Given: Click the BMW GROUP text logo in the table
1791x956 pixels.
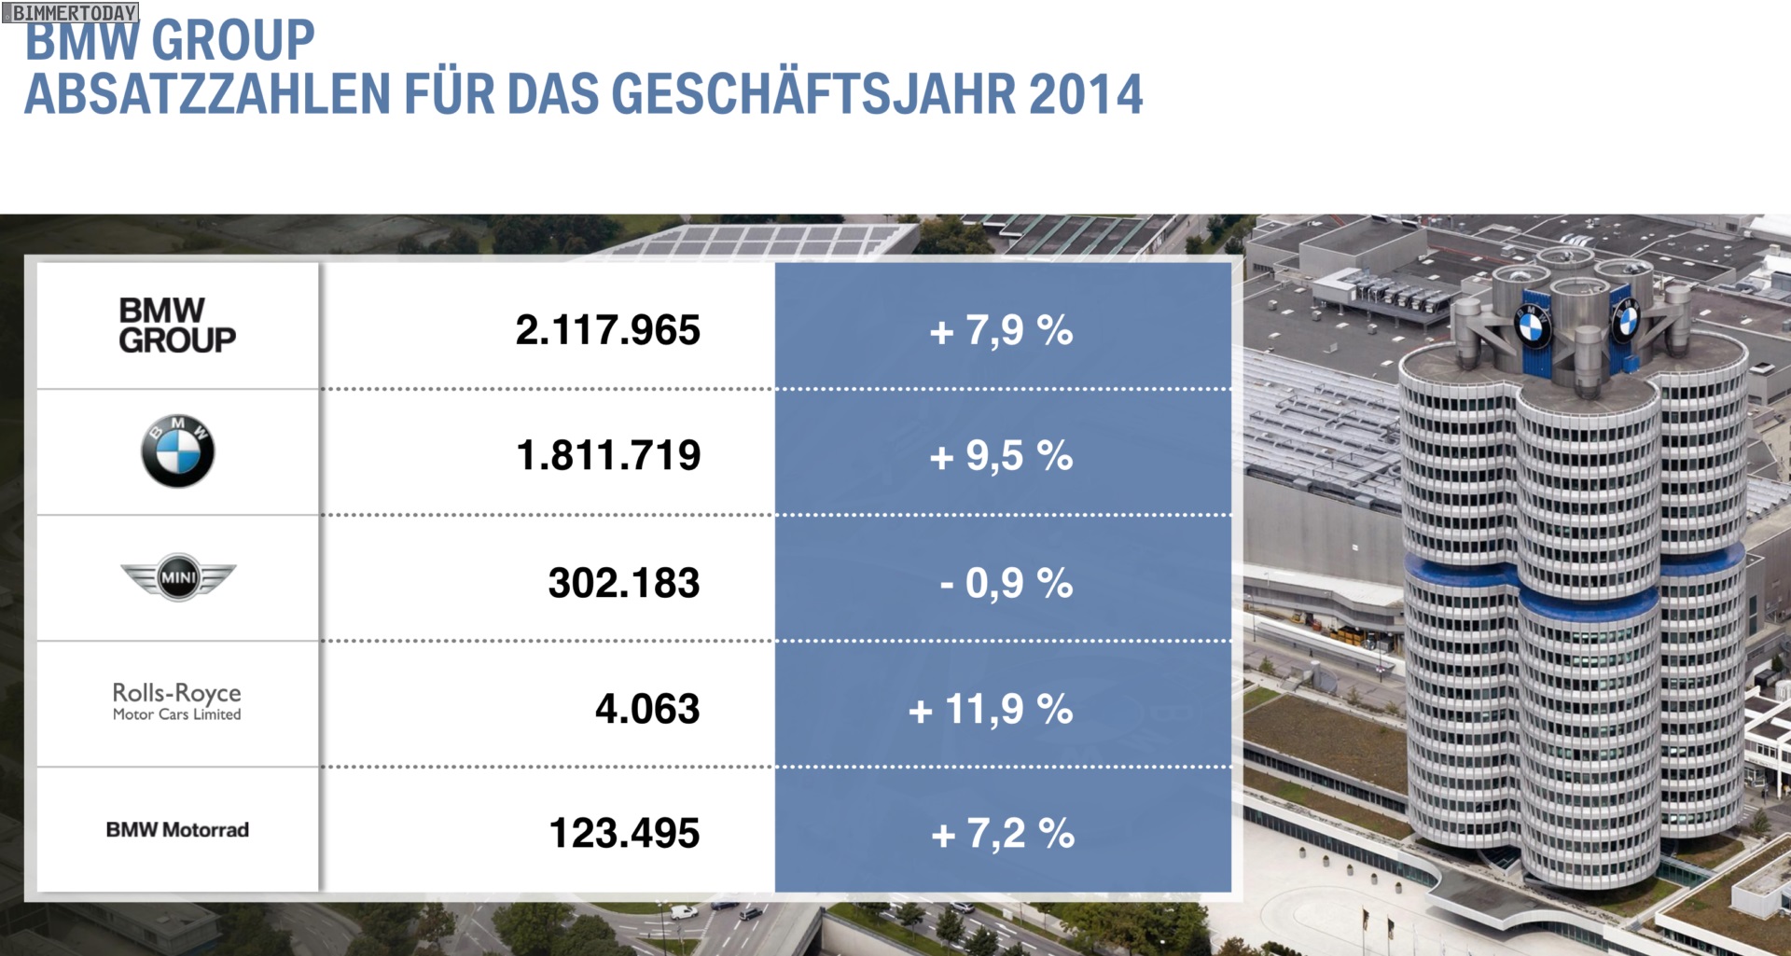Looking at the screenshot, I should pyautogui.click(x=177, y=326).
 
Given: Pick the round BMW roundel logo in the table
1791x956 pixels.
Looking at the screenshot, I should pyautogui.click(x=177, y=451).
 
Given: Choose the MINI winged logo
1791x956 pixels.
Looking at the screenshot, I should pyautogui.click(x=178, y=577).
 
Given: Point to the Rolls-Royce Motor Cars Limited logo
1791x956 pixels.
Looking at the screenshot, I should pyautogui.click(x=177, y=701).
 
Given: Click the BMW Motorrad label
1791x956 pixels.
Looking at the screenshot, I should pyautogui.click(x=177, y=829).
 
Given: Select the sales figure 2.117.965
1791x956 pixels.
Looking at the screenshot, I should pyautogui.click(x=607, y=330).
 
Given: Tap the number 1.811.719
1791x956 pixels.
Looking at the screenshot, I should pyautogui.click(x=608, y=456).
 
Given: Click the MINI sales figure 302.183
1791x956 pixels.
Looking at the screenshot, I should pyautogui.click(x=623, y=583).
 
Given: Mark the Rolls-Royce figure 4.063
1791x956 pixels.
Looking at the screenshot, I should pyautogui.click(x=646, y=709).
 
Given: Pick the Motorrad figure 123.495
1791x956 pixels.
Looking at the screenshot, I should pyautogui.click(x=624, y=834).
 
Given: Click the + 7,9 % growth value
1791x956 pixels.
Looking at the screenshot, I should pyautogui.click(x=1001, y=330).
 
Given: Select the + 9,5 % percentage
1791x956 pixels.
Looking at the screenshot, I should pyautogui.click(x=1001, y=456).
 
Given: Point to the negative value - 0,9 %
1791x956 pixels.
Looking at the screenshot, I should pyautogui.click(x=1006, y=583).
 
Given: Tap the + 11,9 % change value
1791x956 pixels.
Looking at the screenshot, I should pyautogui.click(x=990, y=709).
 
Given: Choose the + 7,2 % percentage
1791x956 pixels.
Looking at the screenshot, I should pyautogui.click(x=1002, y=834).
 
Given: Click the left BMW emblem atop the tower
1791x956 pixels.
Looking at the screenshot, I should pyautogui.click(x=1531, y=326).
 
